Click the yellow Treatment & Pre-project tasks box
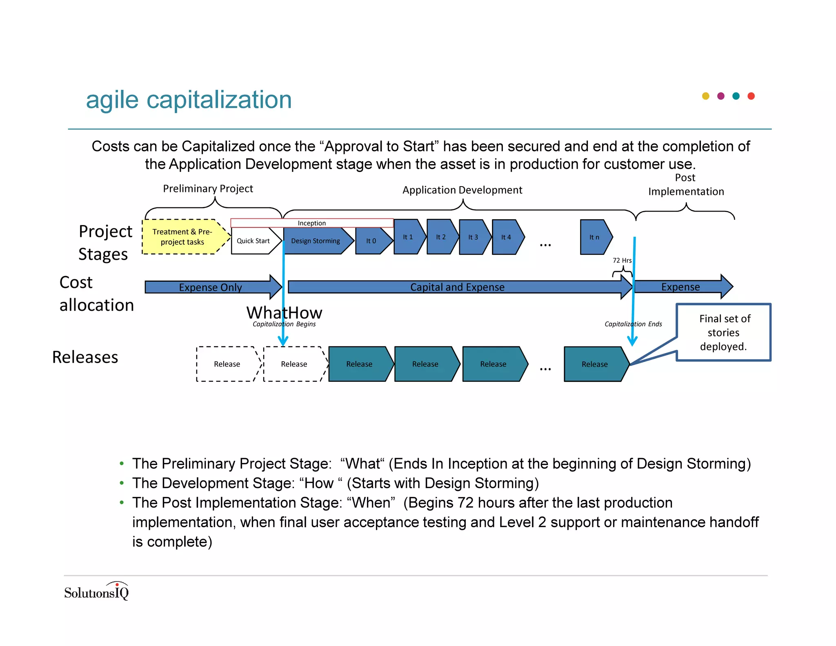point(182,237)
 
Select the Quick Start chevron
point(253,241)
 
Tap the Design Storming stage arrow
point(316,241)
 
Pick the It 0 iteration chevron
point(371,241)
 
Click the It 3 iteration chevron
point(473,237)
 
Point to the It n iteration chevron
point(594,237)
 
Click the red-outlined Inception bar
point(312,223)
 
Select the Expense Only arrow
point(211,287)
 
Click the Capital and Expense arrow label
point(457,287)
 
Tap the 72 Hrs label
point(622,261)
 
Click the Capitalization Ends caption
point(633,324)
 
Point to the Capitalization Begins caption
point(284,324)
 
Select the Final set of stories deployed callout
point(724,332)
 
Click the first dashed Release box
point(227,364)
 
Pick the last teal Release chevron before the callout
point(595,364)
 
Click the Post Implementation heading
point(686,185)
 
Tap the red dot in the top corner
point(751,96)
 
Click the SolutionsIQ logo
point(97,592)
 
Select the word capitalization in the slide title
point(219,100)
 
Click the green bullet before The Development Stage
point(122,483)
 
